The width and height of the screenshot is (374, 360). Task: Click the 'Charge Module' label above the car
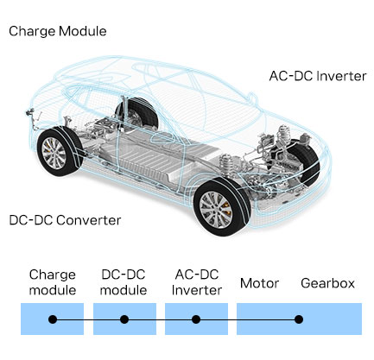click(x=58, y=31)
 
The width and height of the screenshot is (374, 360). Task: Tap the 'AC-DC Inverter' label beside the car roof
click(x=318, y=76)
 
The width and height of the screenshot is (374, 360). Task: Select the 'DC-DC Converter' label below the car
click(x=65, y=220)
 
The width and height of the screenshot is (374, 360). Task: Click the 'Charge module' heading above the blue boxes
click(x=53, y=282)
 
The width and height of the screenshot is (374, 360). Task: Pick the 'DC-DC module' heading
click(x=124, y=282)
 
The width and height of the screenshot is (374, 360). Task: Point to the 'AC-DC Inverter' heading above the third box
click(x=197, y=282)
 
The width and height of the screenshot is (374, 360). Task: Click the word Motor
click(x=259, y=283)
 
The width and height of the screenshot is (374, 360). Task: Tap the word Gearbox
click(x=327, y=283)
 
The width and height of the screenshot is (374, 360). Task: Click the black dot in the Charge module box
click(x=53, y=319)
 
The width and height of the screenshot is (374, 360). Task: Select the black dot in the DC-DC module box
click(x=124, y=319)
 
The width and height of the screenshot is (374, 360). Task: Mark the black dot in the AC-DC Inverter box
click(x=196, y=319)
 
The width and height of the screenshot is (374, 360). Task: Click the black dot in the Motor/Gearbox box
click(x=299, y=319)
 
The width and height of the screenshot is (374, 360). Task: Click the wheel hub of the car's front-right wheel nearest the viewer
click(x=216, y=210)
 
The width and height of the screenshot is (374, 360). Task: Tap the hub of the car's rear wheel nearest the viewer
click(x=54, y=153)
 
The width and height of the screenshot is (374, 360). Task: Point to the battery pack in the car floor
click(x=162, y=157)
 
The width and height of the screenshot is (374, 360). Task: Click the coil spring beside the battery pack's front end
click(x=227, y=165)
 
